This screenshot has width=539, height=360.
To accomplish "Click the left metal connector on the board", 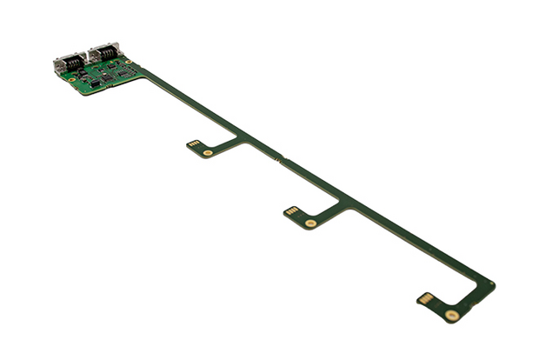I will point(69,62).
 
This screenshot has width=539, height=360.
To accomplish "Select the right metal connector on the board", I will point(103,51).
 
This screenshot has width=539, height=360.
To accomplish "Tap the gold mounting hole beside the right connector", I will point(128,61).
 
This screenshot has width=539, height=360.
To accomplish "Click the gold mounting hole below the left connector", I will point(72,79).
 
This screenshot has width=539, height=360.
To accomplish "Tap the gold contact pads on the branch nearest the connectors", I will point(193,144).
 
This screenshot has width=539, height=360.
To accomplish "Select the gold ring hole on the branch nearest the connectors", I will point(208,153).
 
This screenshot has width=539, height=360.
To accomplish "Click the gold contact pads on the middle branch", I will point(292,211).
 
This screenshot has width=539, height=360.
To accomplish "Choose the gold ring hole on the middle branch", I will point(310,223).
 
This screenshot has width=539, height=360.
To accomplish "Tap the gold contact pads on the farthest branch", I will point(426,298).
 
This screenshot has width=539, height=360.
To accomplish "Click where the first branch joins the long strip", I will point(245,139).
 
